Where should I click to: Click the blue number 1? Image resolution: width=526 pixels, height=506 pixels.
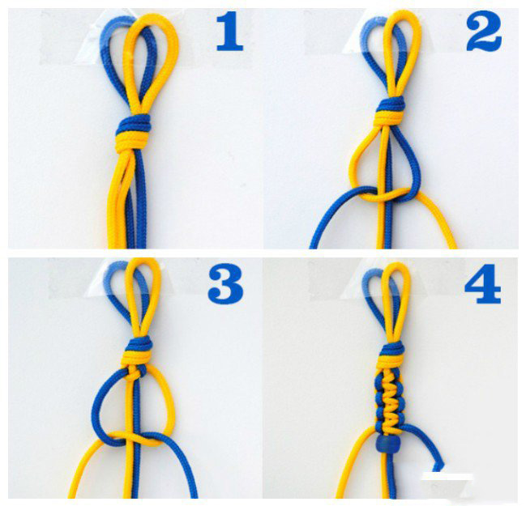[x=229, y=31]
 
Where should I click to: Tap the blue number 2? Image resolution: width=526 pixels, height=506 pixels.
[x=484, y=31]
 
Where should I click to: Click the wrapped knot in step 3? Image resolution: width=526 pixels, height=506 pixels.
[x=138, y=352]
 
